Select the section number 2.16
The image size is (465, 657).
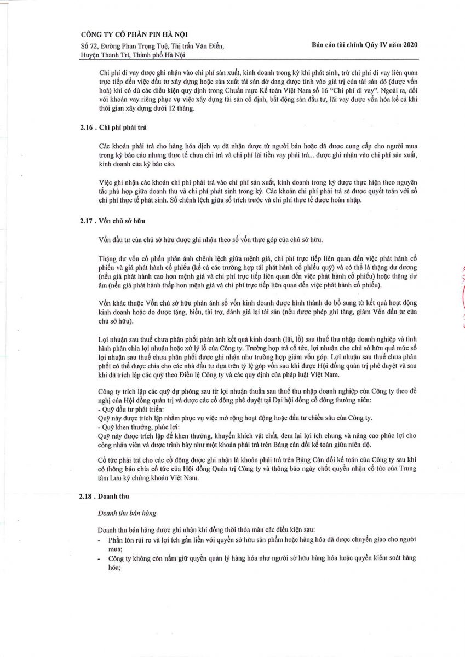pyautogui.click(x=87, y=128)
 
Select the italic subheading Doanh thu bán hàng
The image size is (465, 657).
pyautogui.click(x=127, y=513)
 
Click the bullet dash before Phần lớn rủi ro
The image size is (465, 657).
pyautogui.click(x=99, y=540)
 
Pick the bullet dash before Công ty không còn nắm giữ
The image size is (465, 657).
pyautogui.click(x=99, y=558)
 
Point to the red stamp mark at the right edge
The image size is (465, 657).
pyautogui.click(x=462, y=296)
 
